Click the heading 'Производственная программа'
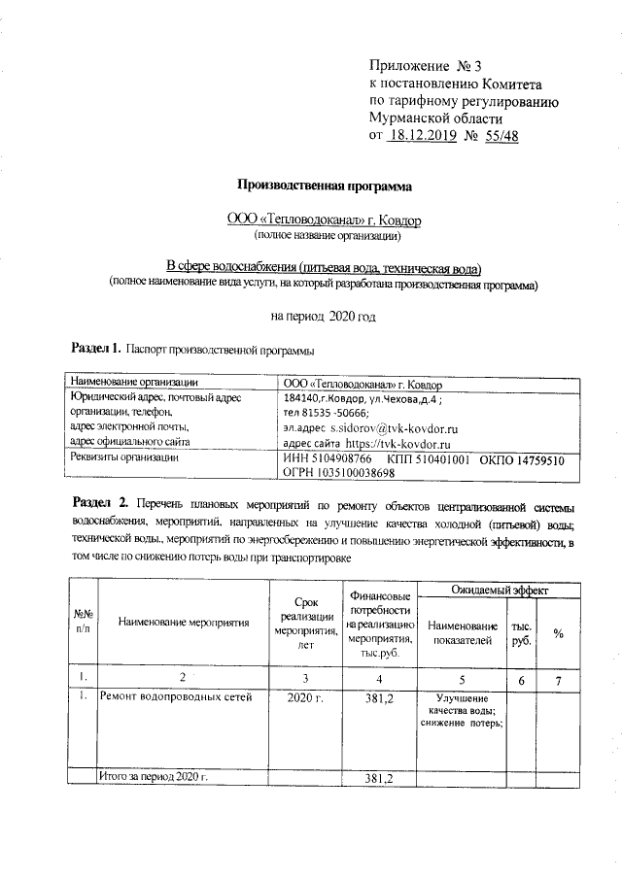point(326,185)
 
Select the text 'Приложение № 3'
point(426,66)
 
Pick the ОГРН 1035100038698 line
point(337,473)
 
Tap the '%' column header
point(558,632)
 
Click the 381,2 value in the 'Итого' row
point(378,779)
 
